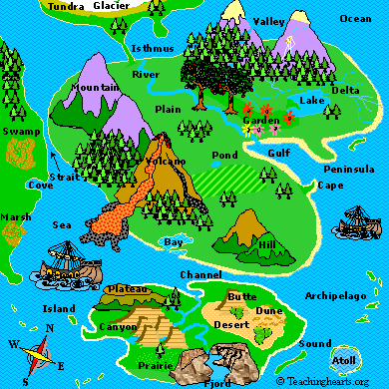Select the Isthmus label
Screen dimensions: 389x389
(153, 49)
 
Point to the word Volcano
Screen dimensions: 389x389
(166, 161)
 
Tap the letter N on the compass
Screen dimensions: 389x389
(49, 328)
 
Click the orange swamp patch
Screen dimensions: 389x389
(17, 153)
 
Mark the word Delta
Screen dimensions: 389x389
(345, 91)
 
